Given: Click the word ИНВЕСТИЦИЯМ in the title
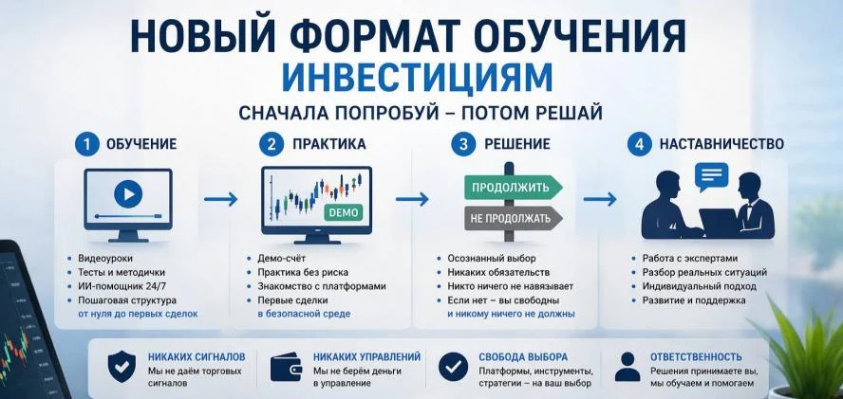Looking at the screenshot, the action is (417, 78).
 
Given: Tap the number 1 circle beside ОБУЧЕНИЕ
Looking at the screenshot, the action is (86, 144).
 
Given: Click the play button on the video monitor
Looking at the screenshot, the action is (128, 193).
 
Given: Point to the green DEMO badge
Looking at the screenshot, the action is (343, 212).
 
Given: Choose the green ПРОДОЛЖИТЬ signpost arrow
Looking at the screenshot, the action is (513, 188).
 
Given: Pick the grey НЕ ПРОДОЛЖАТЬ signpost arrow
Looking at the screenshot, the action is (513, 218).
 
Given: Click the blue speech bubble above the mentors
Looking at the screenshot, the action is (711, 176).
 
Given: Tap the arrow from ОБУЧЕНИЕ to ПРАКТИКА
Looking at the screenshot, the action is (220, 199).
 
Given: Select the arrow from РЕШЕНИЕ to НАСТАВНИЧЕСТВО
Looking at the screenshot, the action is (600, 199).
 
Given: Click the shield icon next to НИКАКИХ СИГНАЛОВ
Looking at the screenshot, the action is (122, 366).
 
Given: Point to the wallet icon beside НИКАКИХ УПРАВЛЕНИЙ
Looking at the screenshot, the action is (286, 366).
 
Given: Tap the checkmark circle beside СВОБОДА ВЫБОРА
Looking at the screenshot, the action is (453, 366).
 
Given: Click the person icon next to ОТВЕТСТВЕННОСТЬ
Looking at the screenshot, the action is (628, 367).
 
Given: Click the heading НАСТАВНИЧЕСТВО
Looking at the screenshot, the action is (721, 144).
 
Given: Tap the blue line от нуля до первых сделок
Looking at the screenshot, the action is (138, 314).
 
